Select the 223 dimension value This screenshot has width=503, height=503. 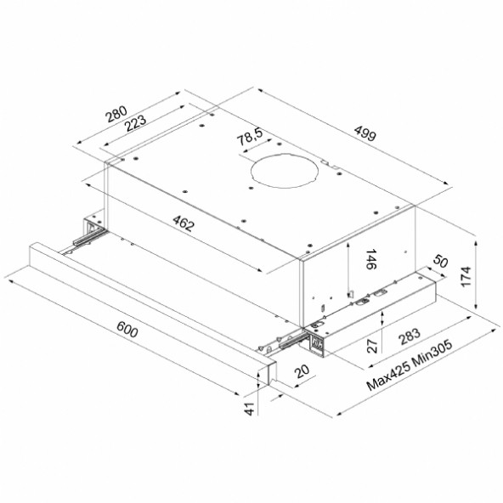point(135,122)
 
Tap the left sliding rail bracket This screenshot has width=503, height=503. point(91,229)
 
